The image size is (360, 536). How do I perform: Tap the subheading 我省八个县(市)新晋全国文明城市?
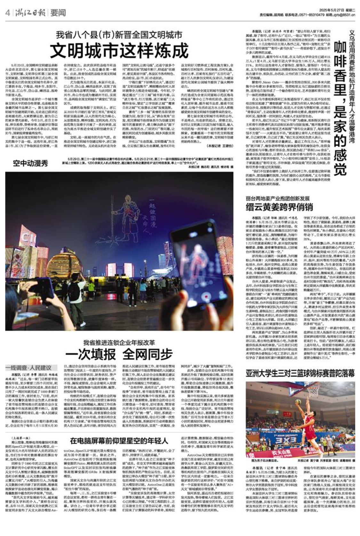(119, 34)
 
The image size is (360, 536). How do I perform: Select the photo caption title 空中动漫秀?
(30, 163)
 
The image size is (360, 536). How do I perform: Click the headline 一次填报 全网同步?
(119, 354)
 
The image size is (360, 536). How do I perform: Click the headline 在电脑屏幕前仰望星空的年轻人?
(119, 441)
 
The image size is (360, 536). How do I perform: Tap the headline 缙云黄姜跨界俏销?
(279, 207)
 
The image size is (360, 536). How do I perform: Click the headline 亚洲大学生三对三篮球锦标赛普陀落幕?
(300, 373)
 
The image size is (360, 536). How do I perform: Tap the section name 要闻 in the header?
(58, 12)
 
